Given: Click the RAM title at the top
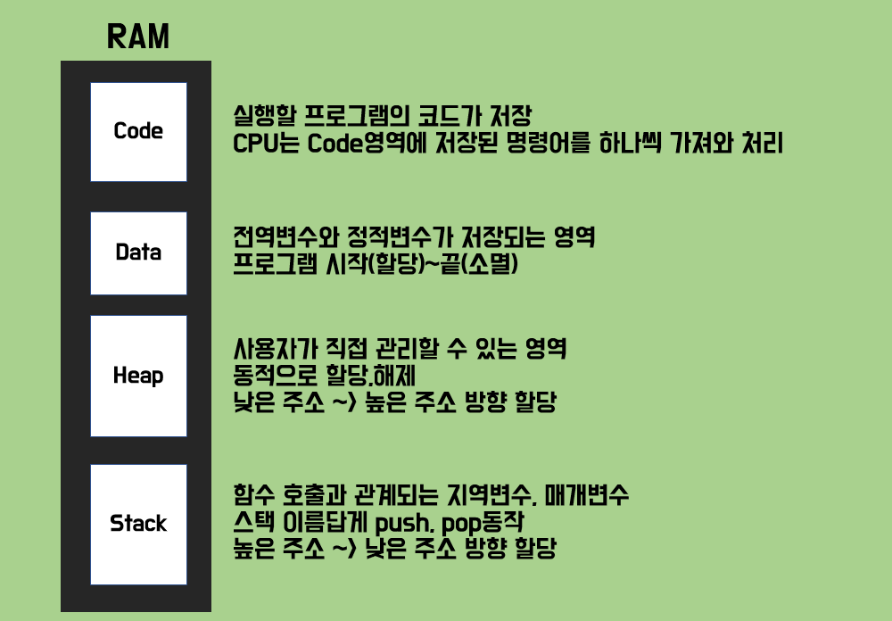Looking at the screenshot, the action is [137, 37].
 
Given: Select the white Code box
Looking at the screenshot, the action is [138, 131].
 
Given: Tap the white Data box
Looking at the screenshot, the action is [138, 253].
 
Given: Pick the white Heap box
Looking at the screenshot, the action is [138, 376].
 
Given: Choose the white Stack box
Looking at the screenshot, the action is [138, 524].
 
